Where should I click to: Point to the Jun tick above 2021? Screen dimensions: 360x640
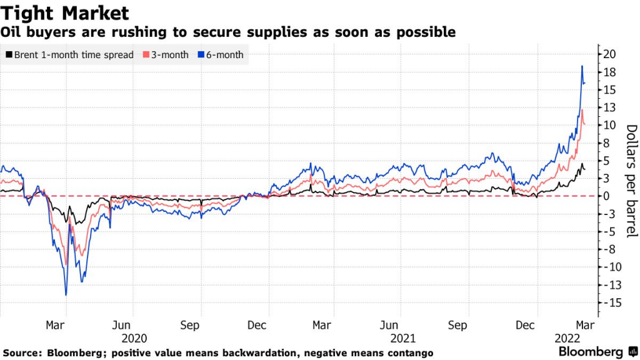[x=390, y=325]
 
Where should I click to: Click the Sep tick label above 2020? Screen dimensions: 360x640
[x=189, y=325]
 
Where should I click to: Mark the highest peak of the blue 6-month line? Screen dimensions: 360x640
[x=582, y=66]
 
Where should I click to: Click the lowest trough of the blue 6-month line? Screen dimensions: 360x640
[x=66, y=294]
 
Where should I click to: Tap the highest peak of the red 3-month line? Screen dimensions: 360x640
[x=582, y=110]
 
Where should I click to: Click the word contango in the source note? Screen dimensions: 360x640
[x=409, y=353]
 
